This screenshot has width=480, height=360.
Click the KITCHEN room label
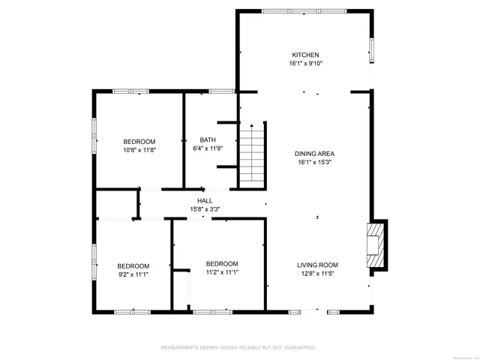click(x=305, y=55)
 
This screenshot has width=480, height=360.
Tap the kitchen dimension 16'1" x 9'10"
click(x=305, y=64)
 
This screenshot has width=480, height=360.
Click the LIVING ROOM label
click(x=317, y=265)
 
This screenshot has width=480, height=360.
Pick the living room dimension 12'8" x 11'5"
click(x=317, y=274)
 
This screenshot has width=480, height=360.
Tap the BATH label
click(x=208, y=139)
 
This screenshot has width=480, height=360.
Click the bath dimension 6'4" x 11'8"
click(x=208, y=148)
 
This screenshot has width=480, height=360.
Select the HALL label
click(x=205, y=201)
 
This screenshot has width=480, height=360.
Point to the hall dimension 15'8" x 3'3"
click(x=205, y=210)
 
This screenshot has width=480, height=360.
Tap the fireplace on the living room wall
click(x=377, y=244)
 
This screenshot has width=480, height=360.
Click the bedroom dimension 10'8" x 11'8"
click(x=139, y=150)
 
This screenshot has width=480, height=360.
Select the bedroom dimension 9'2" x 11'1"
click(x=133, y=274)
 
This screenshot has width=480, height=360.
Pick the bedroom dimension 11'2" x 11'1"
click(x=222, y=273)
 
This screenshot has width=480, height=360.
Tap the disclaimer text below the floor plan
click(x=239, y=347)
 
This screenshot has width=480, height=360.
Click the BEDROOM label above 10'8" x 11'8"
click(x=139, y=142)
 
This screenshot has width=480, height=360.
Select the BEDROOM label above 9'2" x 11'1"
click(x=133, y=265)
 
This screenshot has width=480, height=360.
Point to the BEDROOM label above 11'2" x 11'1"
click(x=222, y=264)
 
